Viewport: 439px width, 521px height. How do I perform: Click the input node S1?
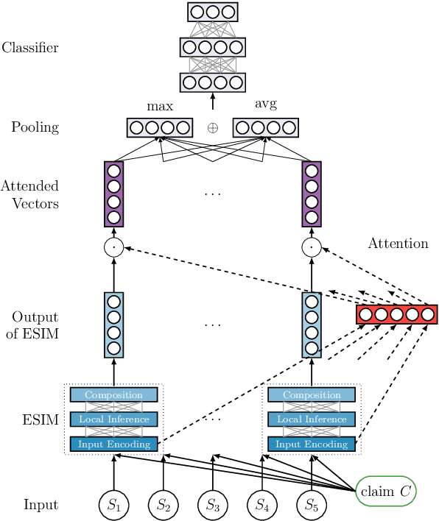[114, 505]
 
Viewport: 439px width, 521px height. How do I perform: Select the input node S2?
[164, 505]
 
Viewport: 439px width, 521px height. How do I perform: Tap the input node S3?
[213, 505]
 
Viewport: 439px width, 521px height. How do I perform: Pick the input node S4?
[262, 505]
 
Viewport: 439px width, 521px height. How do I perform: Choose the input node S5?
[312, 505]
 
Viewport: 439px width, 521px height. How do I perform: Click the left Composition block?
[114, 395]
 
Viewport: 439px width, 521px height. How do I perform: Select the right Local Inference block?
[312, 419]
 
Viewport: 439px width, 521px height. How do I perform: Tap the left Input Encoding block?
[114, 444]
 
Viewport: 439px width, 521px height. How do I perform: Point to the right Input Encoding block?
[312, 444]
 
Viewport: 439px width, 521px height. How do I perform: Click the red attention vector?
[396, 315]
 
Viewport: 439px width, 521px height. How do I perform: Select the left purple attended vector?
[114, 194]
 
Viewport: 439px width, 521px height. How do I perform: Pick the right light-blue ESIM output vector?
[312, 325]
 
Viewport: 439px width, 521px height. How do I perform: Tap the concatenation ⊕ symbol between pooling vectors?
[213, 128]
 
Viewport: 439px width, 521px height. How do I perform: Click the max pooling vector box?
[160, 128]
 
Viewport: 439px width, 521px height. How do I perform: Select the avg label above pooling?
[265, 104]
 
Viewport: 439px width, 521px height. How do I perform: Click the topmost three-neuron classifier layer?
[213, 12]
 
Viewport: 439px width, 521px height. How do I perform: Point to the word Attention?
[398, 244]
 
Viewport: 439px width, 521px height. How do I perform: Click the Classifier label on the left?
[30, 49]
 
